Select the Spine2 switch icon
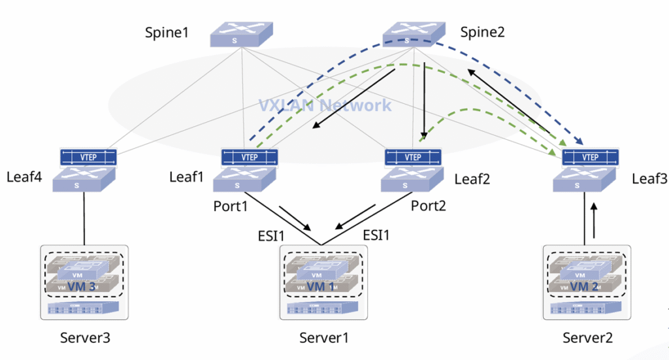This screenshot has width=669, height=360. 414,34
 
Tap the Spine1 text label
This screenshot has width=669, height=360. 167,32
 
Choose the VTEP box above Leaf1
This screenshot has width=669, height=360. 250,157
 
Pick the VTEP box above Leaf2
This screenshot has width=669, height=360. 413,157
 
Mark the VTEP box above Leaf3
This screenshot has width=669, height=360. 590,157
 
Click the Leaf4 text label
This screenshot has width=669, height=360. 24,176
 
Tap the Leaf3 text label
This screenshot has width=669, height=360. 647,178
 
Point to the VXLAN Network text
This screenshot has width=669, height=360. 325,105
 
